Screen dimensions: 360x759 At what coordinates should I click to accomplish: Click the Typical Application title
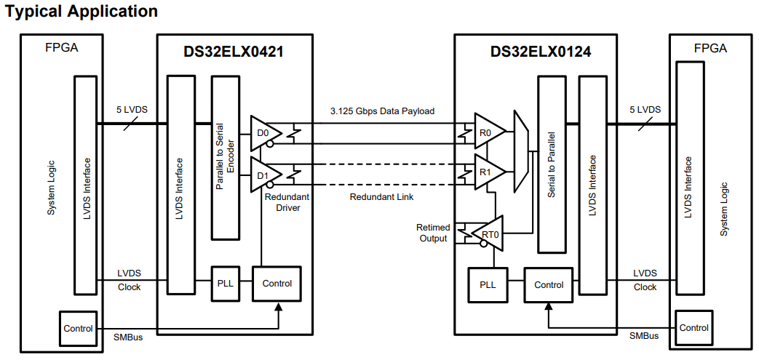click(x=82, y=12)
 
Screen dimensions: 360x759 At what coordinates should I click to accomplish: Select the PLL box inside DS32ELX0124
click(x=487, y=285)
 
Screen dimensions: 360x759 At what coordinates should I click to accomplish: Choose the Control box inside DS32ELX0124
click(x=549, y=285)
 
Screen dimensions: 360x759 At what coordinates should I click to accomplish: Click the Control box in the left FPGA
click(x=78, y=329)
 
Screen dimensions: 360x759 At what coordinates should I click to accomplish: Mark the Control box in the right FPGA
click(x=694, y=328)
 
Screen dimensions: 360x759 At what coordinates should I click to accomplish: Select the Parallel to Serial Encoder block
click(x=223, y=157)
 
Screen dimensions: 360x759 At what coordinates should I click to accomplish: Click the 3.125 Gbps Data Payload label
click(x=382, y=111)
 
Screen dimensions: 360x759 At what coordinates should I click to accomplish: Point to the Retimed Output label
click(x=433, y=233)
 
